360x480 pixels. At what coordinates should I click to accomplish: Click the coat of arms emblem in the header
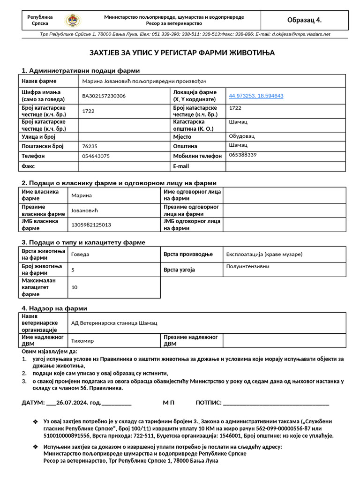click(x=73, y=20)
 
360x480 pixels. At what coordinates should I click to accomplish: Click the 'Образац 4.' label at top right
click(x=304, y=20)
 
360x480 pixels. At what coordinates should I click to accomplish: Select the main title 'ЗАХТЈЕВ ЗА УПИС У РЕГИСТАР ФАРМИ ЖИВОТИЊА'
click(x=182, y=53)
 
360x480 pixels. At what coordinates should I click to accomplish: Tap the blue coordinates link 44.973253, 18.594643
click(x=256, y=96)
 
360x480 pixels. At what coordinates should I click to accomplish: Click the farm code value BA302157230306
click(x=104, y=96)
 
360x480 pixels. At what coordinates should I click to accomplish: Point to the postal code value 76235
click(x=90, y=146)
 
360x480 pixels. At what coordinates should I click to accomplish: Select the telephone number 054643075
click(x=96, y=156)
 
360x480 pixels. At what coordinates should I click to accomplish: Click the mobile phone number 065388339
click(x=243, y=155)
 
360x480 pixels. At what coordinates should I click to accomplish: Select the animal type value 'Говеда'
click(x=80, y=255)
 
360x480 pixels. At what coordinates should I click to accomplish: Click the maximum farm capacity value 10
click(x=75, y=287)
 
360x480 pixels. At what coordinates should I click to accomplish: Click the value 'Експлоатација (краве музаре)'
click(x=264, y=255)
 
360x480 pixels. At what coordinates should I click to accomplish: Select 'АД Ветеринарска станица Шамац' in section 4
click(x=114, y=323)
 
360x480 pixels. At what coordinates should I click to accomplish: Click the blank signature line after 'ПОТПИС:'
click(x=276, y=403)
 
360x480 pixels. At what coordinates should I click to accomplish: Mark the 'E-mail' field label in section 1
click(x=181, y=166)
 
